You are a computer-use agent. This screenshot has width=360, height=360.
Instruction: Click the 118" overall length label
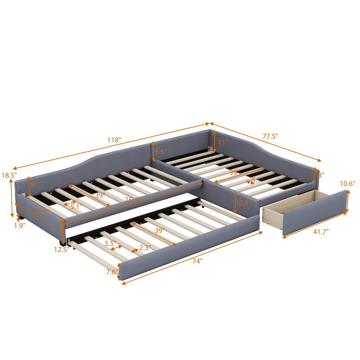(114, 140)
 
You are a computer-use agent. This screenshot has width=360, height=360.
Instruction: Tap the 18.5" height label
(9, 175)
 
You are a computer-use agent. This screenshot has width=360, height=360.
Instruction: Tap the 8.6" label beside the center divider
(161, 152)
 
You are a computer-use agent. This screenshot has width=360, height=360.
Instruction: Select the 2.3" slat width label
(144, 247)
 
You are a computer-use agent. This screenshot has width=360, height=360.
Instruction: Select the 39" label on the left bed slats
(100, 195)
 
